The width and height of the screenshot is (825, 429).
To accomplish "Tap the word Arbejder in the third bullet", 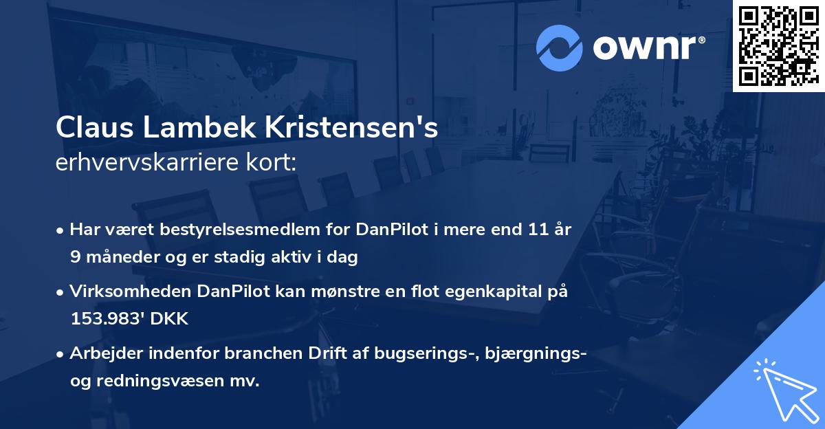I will (103, 354).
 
